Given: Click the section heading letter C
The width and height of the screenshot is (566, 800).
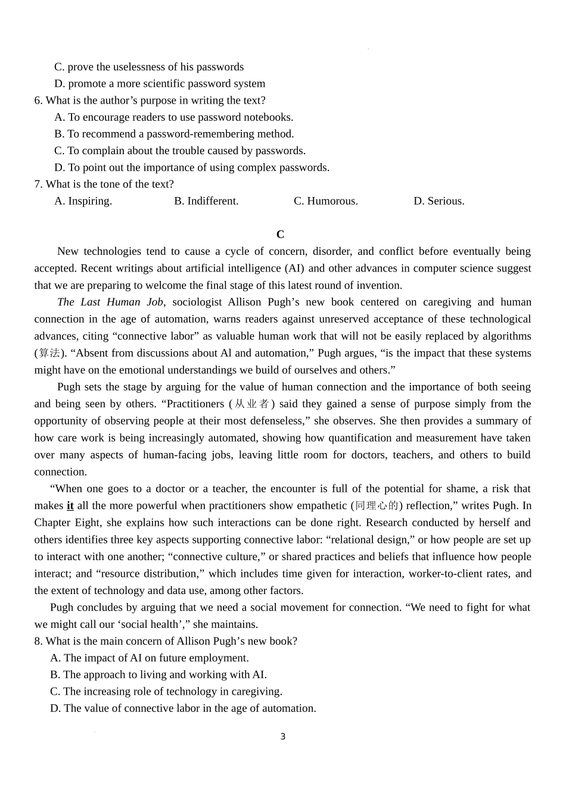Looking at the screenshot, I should click(280, 235).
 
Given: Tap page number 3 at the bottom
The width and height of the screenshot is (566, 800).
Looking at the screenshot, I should click(283, 737).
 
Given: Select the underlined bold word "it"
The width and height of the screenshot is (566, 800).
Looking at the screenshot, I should click(70, 506).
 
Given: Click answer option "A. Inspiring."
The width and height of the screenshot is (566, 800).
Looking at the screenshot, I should click(83, 201).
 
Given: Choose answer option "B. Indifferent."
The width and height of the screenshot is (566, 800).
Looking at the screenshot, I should click(206, 201).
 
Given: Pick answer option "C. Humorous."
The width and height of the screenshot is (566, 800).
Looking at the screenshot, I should click(325, 201).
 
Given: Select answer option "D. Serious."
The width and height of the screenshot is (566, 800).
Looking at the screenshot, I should click(439, 201).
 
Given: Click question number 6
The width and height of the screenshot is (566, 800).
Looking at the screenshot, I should click(38, 101).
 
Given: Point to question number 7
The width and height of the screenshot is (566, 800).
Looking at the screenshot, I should click(38, 185).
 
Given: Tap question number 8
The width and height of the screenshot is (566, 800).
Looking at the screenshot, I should click(38, 641).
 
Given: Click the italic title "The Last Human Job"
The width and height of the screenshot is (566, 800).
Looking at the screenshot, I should click(110, 302).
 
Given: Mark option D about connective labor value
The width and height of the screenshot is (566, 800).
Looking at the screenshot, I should click(183, 708).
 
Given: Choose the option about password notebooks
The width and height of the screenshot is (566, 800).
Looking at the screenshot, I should click(173, 117).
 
